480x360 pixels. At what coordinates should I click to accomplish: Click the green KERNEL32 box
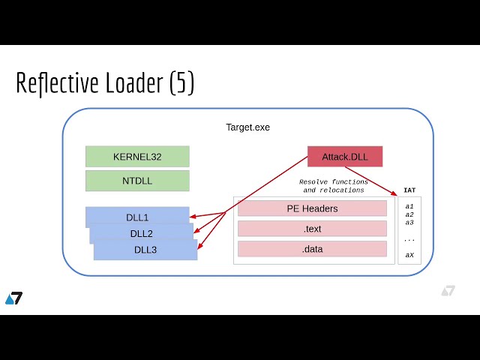(x=137, y=157)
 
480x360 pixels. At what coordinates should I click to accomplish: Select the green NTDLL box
(x=137, y=181)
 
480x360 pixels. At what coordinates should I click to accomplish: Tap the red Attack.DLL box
(x=345, y=157)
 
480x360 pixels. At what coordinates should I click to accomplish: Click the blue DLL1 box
(x=136, y=217)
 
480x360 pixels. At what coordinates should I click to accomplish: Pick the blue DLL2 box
(x=141, y=233)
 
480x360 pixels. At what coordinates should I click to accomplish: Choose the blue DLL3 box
(x=145, y=250)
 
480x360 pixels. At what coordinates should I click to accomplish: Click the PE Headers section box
(x=312, y=208)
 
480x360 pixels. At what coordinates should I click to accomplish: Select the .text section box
(x=312, y=229)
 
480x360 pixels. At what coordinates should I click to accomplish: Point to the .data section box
(x=312, y=249)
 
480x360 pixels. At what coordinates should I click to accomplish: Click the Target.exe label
(x=247, y=127)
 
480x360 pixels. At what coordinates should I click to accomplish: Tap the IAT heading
(x=409, y=190)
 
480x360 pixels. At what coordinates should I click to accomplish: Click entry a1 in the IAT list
(x=409, y=206)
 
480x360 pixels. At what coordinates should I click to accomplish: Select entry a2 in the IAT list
(x=409, y=214)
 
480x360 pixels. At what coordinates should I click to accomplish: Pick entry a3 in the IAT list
(x=409, y=223)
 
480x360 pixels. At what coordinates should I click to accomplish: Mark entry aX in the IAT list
(x=409, y=255)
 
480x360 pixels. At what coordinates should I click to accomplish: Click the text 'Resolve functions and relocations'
(x=334, y=186)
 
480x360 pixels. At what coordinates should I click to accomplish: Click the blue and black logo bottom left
(x=13, y=298)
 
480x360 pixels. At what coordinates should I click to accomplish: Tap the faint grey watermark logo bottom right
(x=448, y=291)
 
